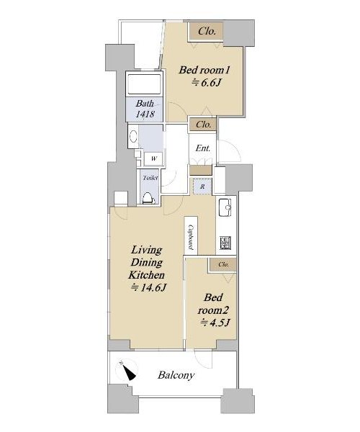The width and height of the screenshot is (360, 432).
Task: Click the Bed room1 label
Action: (204, 70)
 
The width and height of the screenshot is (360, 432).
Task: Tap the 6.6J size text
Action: (207, 82)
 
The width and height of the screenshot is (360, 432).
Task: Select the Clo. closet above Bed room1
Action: (205, 32)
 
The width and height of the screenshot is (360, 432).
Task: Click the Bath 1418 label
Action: (145, 109)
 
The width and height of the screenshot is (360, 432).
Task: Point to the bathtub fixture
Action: (144, 84)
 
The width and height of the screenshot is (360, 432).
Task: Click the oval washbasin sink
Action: (134, 136)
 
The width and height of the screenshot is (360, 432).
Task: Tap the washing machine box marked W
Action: (153, 158)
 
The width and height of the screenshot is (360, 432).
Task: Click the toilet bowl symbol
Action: (148, 198)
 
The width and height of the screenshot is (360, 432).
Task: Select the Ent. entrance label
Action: (203, 148)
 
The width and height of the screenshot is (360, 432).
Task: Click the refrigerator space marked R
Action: (202, 186)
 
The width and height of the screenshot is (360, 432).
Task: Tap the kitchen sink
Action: (226, 207)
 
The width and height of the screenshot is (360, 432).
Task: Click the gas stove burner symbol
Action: (225, 243)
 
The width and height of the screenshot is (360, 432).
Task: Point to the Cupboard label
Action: (191, 237)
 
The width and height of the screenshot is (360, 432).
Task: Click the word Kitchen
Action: (147, 275)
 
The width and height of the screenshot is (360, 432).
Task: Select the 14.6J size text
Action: (149, 288)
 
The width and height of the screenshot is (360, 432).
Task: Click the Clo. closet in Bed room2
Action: (223, 265)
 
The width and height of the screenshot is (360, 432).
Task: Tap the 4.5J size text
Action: (215, 323)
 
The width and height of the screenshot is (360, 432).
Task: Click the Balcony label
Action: (176, 375)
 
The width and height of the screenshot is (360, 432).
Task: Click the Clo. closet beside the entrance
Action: (204, 125)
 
